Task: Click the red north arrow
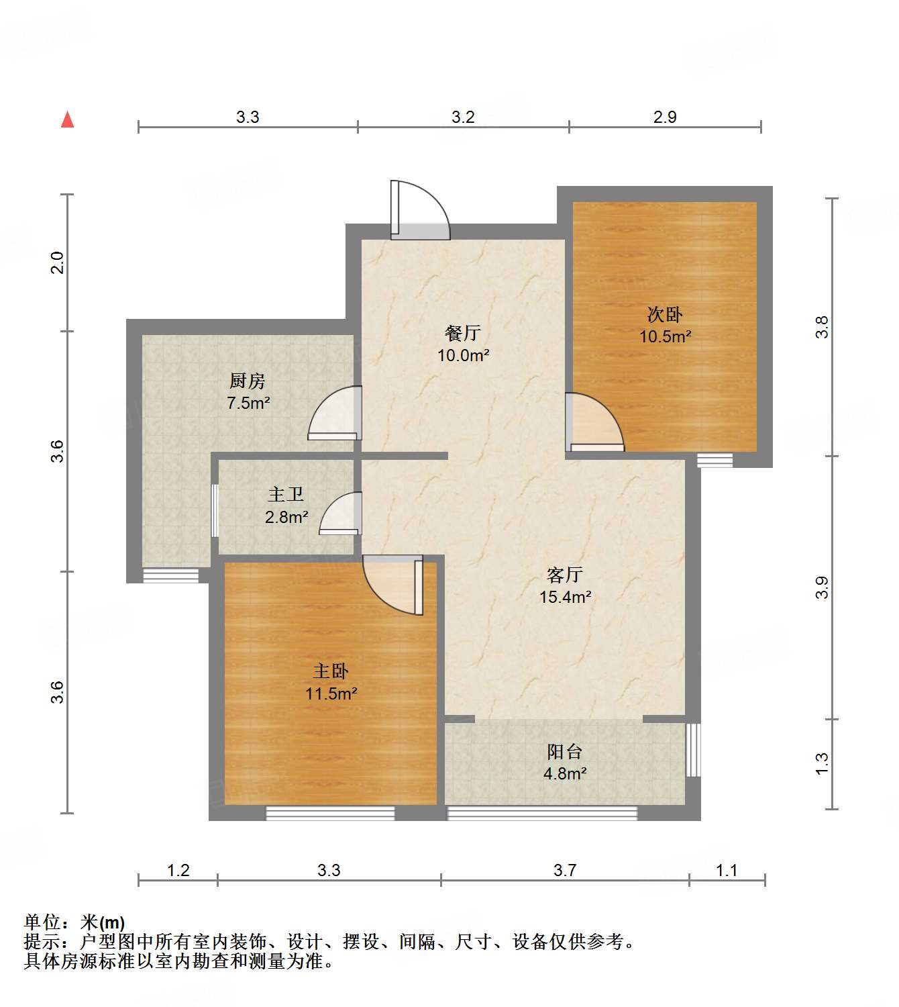tap(67, 119)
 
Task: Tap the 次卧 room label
tap(664, 314)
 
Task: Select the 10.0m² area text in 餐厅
tap(463, 355)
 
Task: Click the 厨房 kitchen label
tap(248, 381)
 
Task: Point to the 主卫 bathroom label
tap(286, 495)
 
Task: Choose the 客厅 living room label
tap(565, 575)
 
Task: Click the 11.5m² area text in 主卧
tap(331, 693)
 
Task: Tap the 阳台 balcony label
tap(564, 752)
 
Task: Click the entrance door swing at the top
tap(419, 209)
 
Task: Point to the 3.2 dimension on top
tap(463, 117)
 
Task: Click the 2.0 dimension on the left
tap(58, 262)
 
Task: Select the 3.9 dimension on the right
tap(822, 587)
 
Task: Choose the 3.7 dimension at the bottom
tap(564, 870)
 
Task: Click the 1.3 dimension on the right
tap(822, 763)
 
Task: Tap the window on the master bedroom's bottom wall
tap(330, 813)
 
